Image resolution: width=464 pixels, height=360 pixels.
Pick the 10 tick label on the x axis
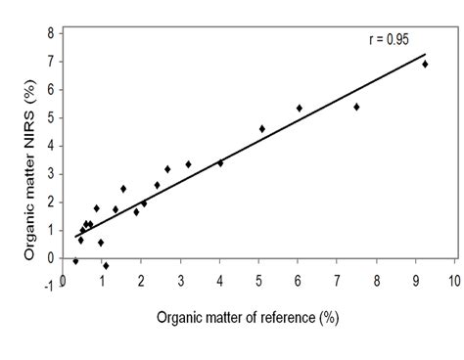454,280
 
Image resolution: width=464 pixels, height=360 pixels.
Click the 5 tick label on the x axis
259,280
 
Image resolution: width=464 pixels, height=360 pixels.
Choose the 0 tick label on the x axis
63,280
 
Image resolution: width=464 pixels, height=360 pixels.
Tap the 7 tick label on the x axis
338,280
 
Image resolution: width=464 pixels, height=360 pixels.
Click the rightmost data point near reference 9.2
425,64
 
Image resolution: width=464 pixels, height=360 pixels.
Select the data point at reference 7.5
356,107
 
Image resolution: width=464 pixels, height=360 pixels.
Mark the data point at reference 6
300,108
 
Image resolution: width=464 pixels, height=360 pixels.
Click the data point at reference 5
262,128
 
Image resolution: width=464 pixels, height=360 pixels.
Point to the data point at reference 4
220,162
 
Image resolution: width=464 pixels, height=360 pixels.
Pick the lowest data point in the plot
106,265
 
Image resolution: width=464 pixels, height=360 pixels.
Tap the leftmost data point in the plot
75,261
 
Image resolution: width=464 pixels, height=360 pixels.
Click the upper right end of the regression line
426,54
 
